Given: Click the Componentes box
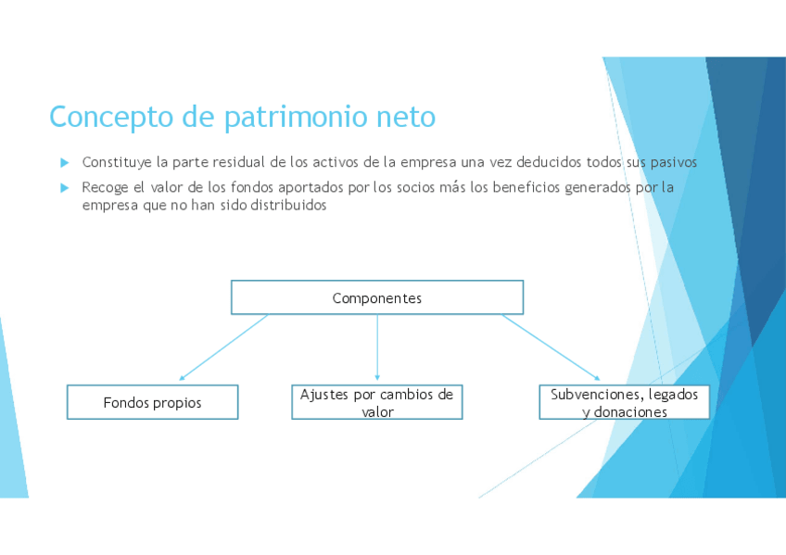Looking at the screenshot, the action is click(x=376, y=297).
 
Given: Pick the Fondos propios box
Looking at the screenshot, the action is click(x=152, y=402).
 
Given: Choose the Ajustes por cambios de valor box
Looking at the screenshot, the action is click(x=376, y=402).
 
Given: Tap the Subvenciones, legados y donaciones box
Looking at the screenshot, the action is click(x=624, y=402).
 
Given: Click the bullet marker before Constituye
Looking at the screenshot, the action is click(x=65, y=162).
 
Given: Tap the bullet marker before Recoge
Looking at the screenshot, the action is click(x=65, y=187).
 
